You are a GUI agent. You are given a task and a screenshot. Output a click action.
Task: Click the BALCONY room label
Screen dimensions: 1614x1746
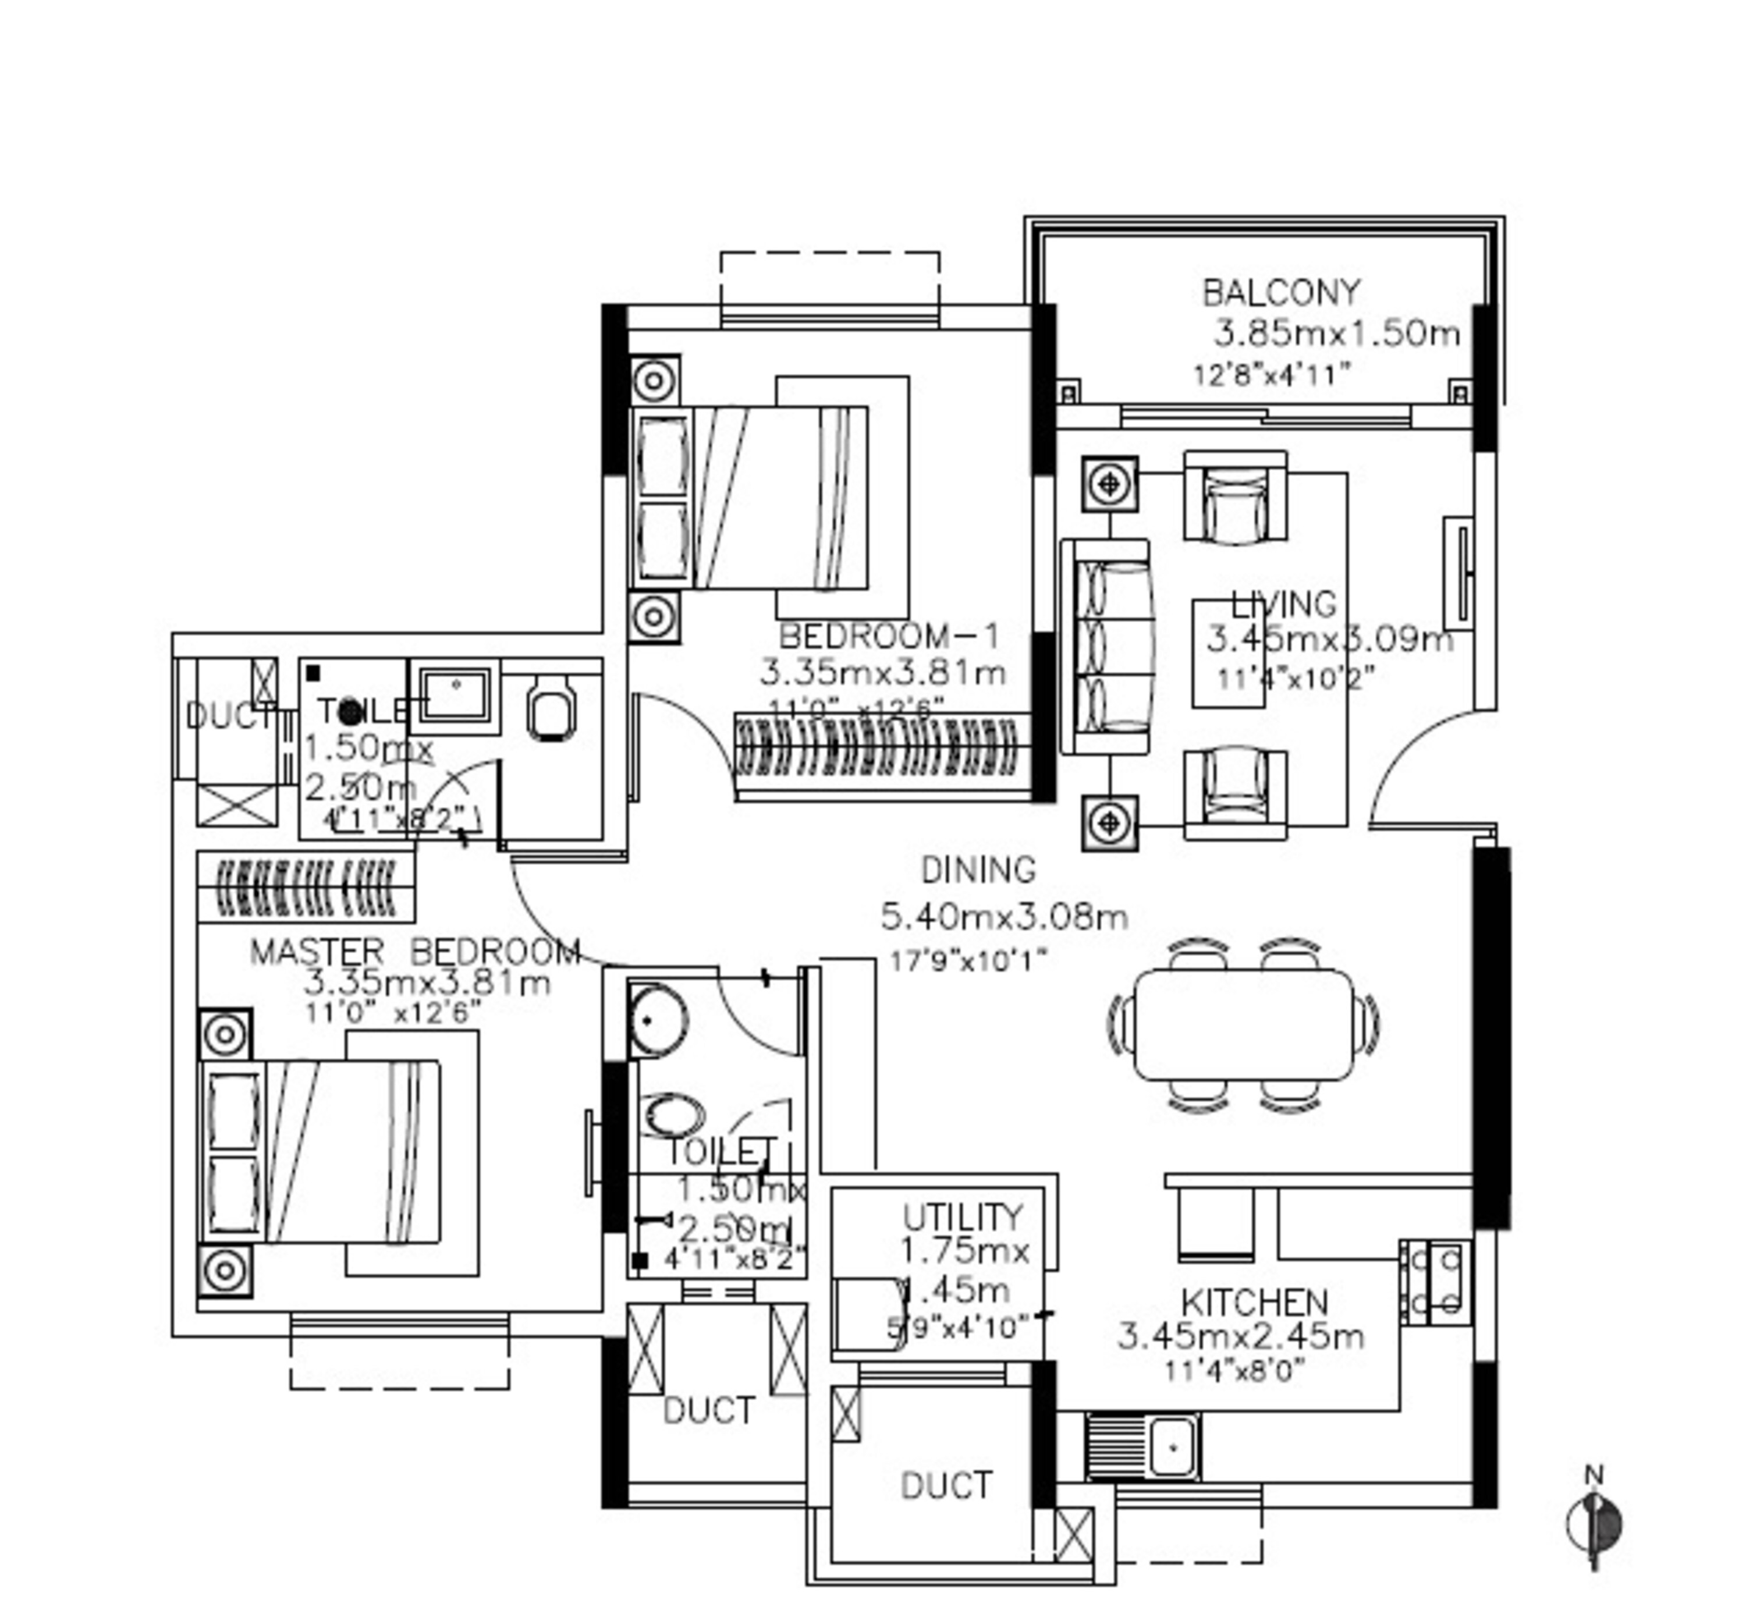[x=1280, y=293]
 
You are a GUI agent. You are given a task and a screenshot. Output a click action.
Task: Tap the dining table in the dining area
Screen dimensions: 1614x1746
[x=1243, y=1024]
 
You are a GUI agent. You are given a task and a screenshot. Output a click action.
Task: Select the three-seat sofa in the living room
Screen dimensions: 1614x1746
[x=1105, y=645]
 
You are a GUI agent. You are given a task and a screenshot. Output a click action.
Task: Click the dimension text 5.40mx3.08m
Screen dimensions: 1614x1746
[x=1003, y=916]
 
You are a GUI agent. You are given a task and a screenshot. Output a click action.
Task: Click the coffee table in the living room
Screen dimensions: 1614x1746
[x=1228, y=652]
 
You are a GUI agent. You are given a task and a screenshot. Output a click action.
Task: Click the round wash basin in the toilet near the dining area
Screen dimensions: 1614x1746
[x=657, y=1019]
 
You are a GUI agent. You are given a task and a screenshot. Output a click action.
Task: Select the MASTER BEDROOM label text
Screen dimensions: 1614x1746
[x=415, y=951]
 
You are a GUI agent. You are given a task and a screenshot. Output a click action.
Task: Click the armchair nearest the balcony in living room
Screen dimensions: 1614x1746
[x=1234, y=496]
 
